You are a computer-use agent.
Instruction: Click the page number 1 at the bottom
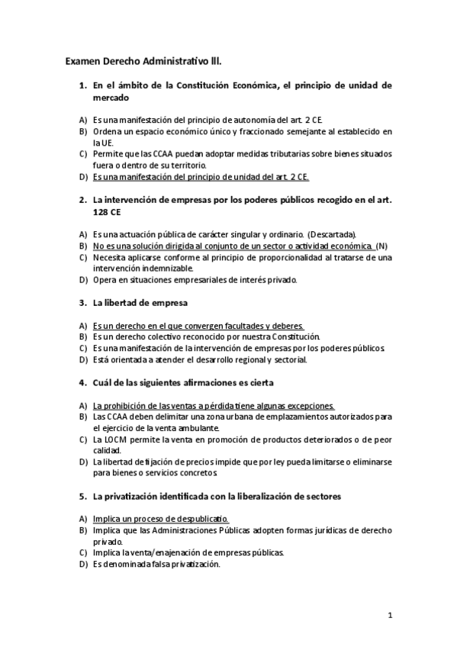(389, 615)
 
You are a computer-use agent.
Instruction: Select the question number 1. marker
(83, 86)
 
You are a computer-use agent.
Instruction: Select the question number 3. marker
(83, 303)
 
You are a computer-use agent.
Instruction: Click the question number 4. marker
(83, 381)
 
